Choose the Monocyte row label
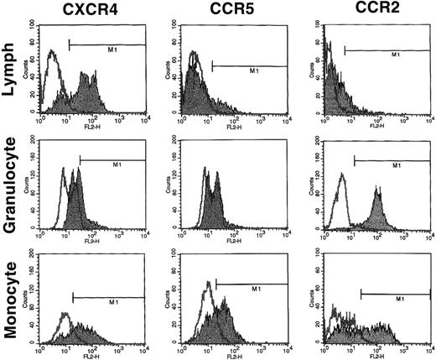click(x=12, y=302)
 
